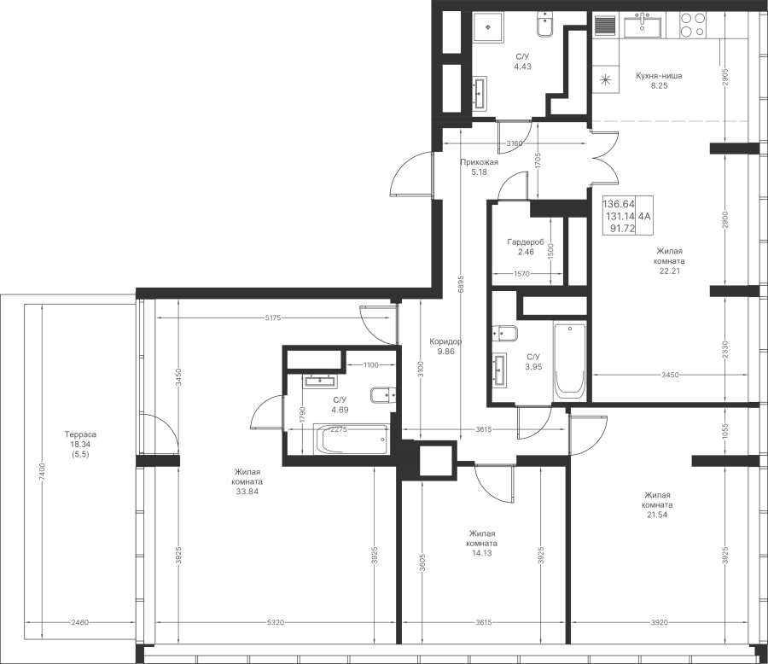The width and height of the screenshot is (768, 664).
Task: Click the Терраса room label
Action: (x=80, y=434)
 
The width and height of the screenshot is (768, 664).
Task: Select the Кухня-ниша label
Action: (x=659, y=76)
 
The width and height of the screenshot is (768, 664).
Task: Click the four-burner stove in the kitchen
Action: (x=694, y=25)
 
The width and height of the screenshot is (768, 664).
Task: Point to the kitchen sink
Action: (x=642, y=25)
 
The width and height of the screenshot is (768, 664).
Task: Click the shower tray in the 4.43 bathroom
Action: (x=488, y=28)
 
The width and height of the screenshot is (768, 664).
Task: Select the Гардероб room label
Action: (x=526, y=242)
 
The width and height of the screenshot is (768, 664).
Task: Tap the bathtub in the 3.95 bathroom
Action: (x=570, y=360)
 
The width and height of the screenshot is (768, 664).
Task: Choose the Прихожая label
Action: (x=479, y=162)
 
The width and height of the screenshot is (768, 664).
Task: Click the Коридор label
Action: (x=445, y=341)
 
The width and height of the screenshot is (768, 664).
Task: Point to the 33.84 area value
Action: (x=247, y=492)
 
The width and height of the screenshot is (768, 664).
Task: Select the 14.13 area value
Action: (x=482, y=553)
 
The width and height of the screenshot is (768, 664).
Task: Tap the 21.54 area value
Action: (x=657, y=515)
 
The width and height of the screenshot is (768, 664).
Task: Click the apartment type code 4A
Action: (x=644, y=216)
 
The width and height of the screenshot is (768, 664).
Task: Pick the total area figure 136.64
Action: (x=619, y=204)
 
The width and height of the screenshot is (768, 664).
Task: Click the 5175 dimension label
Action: (x=273, y=318)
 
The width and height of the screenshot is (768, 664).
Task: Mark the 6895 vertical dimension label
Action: (x=461, y=284)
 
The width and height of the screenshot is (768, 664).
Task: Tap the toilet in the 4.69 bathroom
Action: (x=382, y=395)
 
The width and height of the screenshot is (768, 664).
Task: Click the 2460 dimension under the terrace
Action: (x=80, y=623)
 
